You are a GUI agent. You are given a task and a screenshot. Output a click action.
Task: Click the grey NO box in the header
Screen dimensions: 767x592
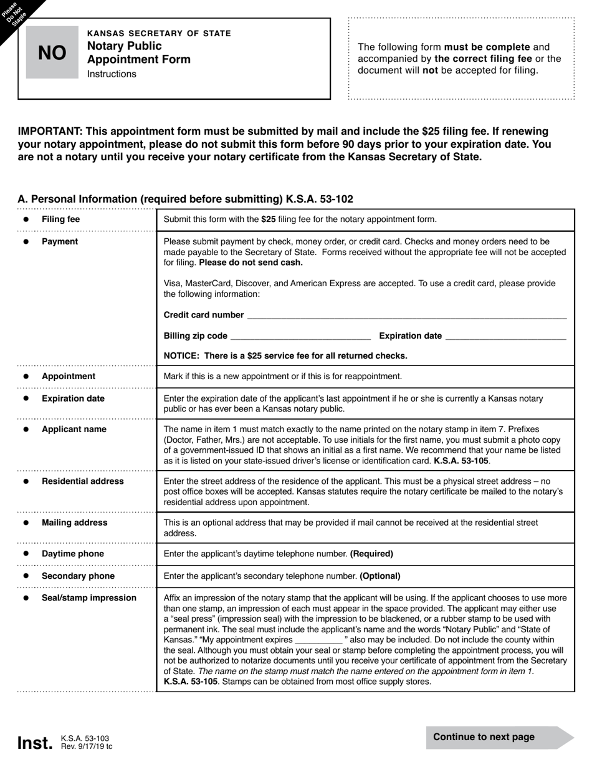click(52, 53)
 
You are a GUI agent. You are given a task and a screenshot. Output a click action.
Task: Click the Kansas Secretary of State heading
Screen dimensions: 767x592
click(159, 33)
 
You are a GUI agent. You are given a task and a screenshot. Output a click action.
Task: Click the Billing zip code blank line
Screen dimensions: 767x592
click(300, 336)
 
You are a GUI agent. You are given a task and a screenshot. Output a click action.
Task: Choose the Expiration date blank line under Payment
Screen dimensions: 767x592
click(506, 336)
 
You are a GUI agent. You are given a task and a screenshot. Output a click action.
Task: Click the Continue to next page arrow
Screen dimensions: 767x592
click(499, 737)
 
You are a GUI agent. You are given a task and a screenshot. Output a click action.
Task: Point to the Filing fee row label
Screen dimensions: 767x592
click(60, 219)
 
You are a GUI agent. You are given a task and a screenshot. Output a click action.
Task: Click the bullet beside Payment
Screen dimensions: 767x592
click(26, 242)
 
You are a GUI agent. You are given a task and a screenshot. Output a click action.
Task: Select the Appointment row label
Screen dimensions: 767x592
click(69, 377)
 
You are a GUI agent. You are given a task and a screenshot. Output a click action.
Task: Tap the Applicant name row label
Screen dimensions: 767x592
click(74, 430)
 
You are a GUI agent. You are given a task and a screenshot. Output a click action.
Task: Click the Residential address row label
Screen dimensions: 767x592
click(82, 481)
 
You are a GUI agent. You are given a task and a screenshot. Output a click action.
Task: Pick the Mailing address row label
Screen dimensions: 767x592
click(74, 523)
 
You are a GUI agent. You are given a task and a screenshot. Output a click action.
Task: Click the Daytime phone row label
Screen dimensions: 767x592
click(72, 554)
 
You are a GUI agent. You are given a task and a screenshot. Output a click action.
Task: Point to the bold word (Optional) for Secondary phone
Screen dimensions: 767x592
click(380, 576)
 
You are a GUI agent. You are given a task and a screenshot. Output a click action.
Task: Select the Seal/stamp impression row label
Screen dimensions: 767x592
click(88, 598)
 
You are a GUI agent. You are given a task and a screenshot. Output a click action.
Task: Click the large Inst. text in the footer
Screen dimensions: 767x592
click(35, 743)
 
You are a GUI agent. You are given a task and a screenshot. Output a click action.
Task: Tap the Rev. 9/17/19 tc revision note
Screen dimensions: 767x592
click(87, 746)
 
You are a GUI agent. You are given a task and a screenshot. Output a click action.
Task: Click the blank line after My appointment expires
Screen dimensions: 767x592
click(318, 640)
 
